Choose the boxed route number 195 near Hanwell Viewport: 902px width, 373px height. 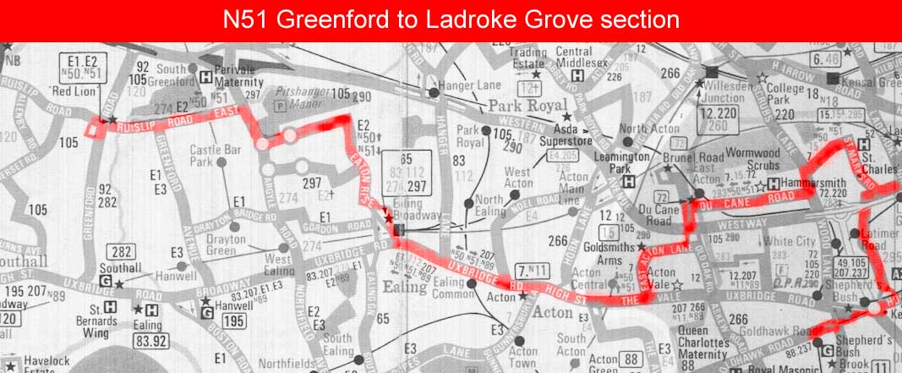(x=233, y=321)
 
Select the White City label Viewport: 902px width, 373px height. (x=784, y=240)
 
